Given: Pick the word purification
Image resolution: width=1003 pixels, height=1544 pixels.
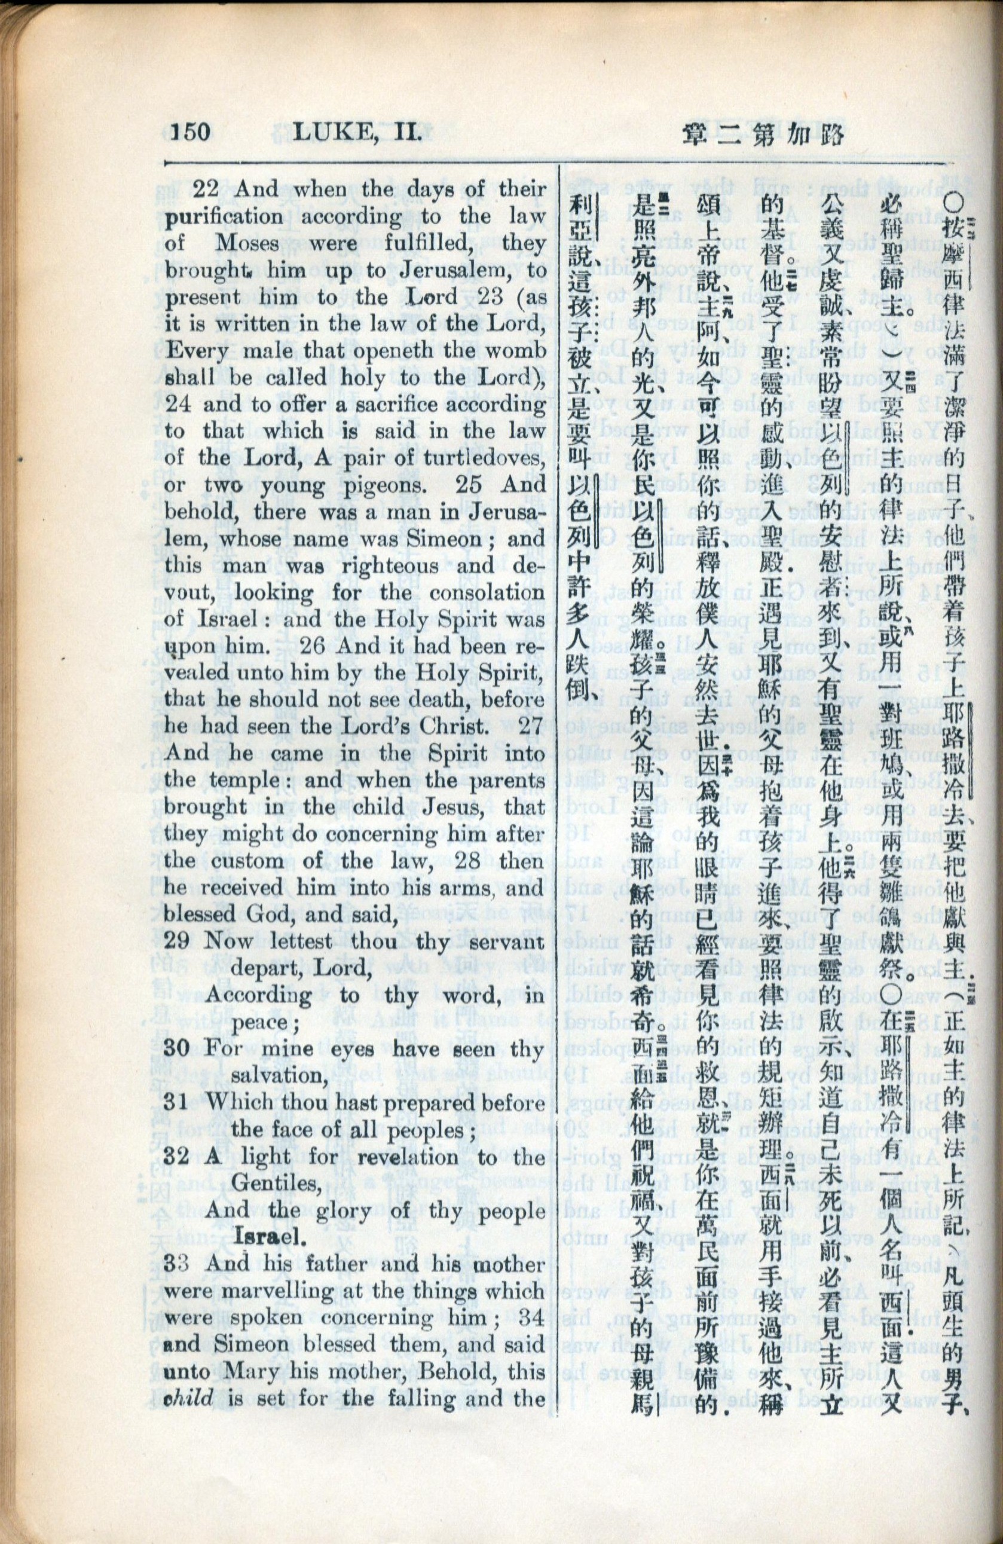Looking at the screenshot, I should (224, 218).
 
